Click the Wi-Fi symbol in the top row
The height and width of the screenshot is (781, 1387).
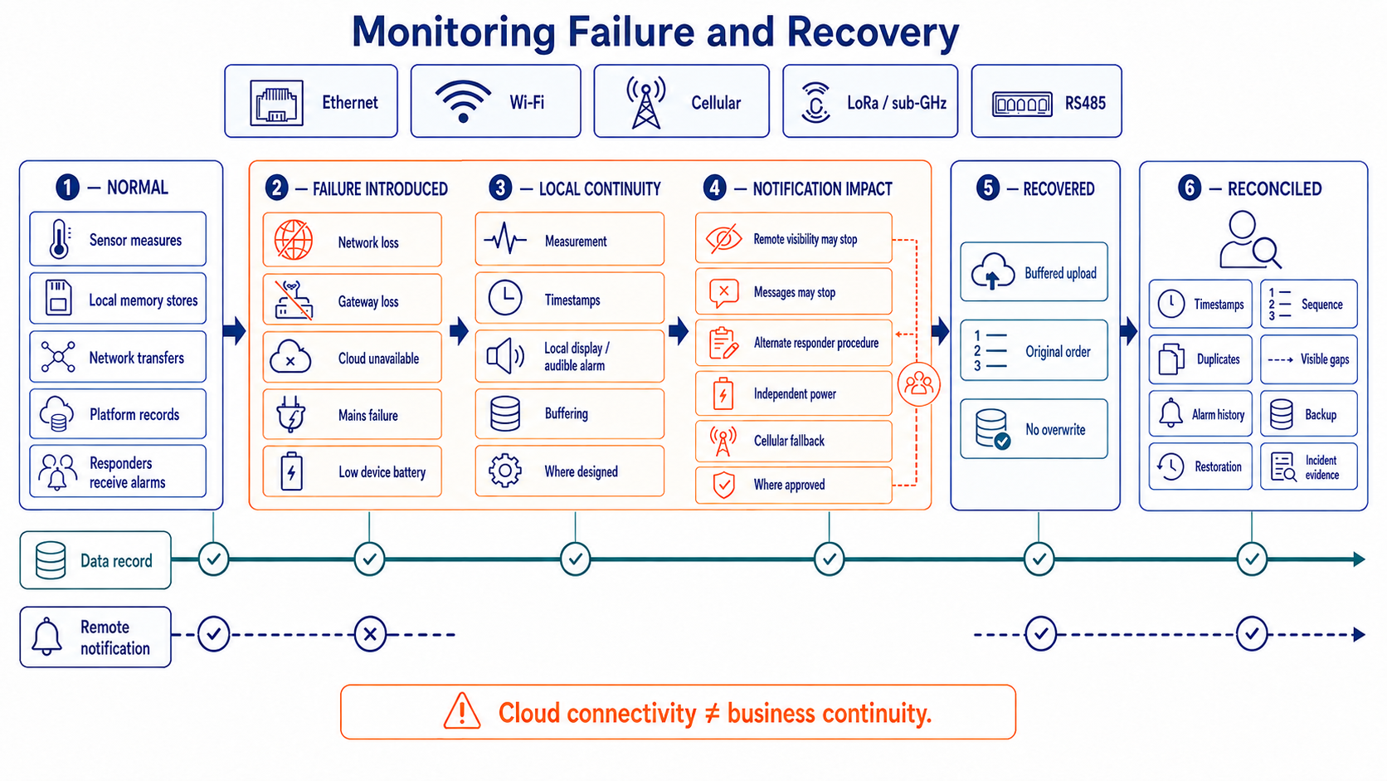pos(463,101)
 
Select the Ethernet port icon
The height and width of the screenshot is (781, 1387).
pos(276,103)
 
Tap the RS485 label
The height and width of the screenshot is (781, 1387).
pos(1085,103)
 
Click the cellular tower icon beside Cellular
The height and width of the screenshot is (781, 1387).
pos(646,103)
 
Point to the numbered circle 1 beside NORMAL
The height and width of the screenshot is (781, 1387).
pos(67,187)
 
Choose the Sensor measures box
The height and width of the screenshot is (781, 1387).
pos(118,239)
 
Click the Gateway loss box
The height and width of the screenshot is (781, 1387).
pos(353,300)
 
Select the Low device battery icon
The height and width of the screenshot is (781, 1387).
pos(292,471)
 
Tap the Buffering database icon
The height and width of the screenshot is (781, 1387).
pos(505,413)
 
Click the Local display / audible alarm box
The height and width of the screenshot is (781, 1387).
pos(570,356)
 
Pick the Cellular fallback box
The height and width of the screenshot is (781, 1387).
pos(794,441)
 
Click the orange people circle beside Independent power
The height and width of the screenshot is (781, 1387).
pos(919,384)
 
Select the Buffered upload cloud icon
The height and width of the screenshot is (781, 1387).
pos(993,271)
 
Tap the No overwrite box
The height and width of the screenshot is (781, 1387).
pos(1034,428)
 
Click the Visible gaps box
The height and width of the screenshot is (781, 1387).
pos(1309,359)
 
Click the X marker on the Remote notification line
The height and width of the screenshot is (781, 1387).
pos(370,634)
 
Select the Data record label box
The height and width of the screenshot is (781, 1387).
pos(95,560)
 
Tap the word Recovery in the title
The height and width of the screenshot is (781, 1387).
pos(873,32)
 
